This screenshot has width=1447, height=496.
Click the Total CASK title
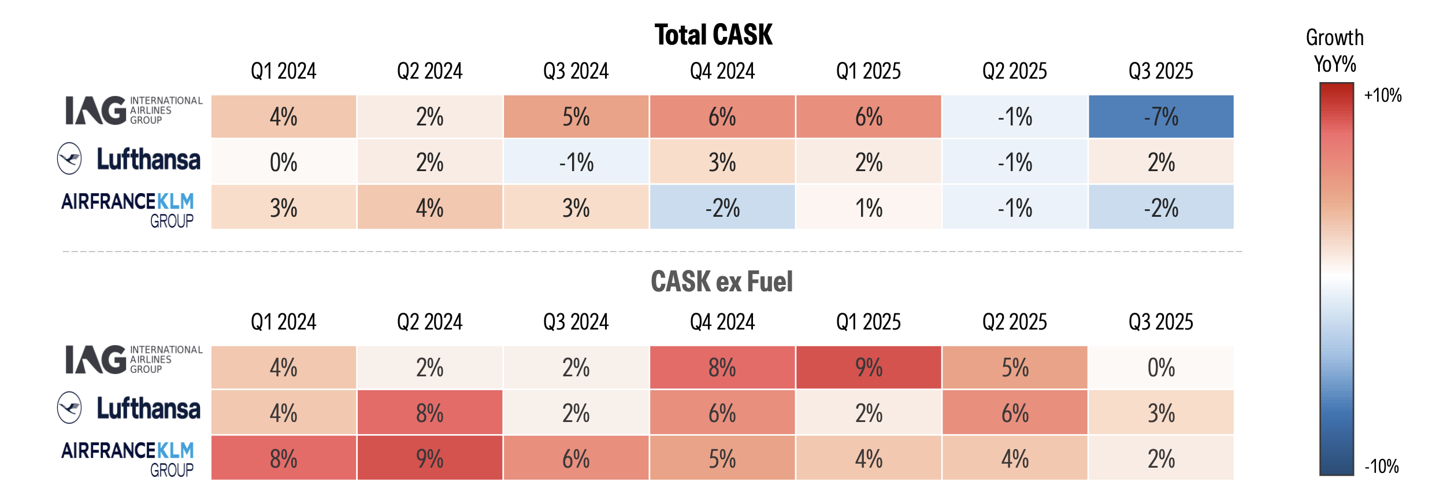(713, 35)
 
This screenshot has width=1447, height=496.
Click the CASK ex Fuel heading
(721, 282)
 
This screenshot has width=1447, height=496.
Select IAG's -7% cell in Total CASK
(1161, 117)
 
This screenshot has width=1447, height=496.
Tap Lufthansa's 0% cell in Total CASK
(283, 162)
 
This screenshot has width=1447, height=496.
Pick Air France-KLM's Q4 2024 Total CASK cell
(722, 208)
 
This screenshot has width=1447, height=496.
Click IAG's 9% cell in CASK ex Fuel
(869, 368)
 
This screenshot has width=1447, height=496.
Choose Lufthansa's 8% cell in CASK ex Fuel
(429, 413)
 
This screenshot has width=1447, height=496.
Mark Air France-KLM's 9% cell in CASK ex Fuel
(429, 458)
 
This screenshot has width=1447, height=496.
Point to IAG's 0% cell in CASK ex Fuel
(1161, 368)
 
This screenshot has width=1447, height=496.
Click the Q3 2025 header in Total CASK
(1161, 71)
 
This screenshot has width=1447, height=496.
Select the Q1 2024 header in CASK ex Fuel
(283, 321)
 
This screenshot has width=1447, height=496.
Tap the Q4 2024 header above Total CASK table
(722, 71)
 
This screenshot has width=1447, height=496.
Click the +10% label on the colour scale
(1382, 95)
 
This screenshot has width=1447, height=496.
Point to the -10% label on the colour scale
(1381, 466)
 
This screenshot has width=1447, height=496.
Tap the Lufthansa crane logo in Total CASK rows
(70, 158)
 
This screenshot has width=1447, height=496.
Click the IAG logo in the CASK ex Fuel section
(133, 360)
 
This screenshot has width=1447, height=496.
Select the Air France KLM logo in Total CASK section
(128, 209)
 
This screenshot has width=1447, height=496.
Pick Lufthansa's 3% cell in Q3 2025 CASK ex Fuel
(1161, 413)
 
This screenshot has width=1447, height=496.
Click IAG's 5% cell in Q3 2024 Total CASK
(576, 117)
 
